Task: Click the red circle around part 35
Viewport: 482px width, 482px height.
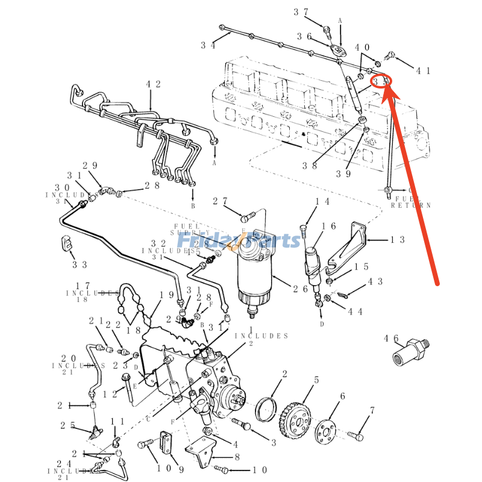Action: tap(381, 81)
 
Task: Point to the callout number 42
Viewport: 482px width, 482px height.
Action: tap(154, 84)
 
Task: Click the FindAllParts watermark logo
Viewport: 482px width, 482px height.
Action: tap(253, 241)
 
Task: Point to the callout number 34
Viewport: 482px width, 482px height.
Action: tap(208, 45)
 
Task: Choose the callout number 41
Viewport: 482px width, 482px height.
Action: tap(424, 70)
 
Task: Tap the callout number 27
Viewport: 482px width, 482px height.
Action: tap(221, 201)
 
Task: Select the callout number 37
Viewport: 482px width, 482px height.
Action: tap(301, 12)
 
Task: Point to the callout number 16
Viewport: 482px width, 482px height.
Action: tap(328, 227)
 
